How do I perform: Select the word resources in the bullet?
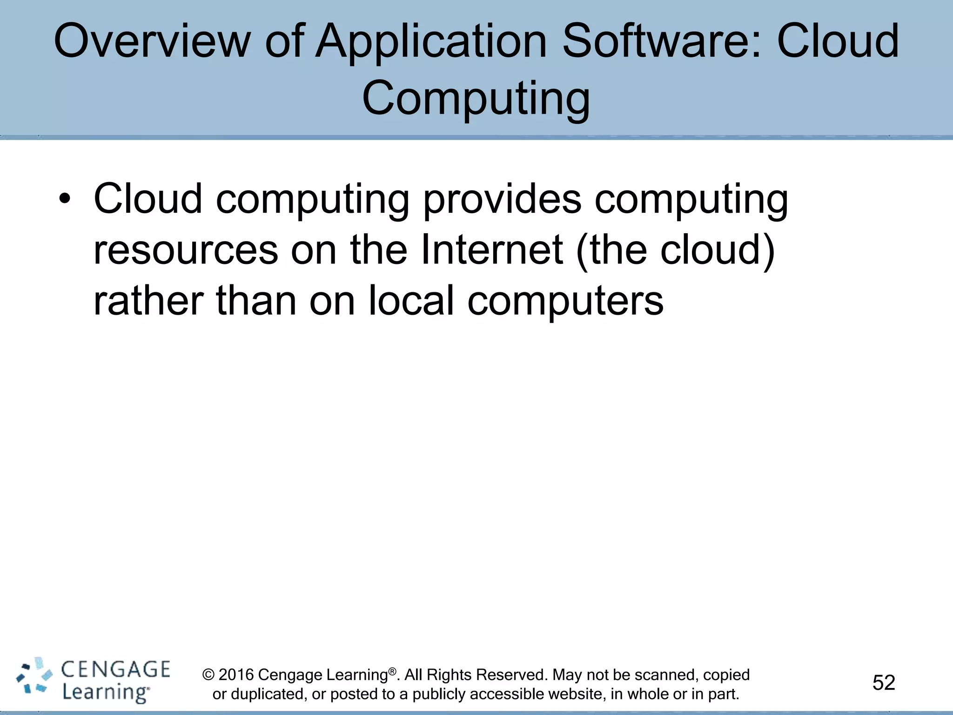pos(186,250)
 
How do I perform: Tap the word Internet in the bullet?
pos(492,250)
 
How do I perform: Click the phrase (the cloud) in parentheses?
pos(675,250)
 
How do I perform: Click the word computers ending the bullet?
pos(565,302)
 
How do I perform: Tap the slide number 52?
pos(884,683)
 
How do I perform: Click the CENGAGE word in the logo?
pos(116,669)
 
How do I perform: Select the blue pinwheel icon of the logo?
pos(34,676)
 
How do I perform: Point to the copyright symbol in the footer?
pos(208,675)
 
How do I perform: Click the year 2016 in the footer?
pos(236,675)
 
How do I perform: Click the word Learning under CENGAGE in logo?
pos(106,692)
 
